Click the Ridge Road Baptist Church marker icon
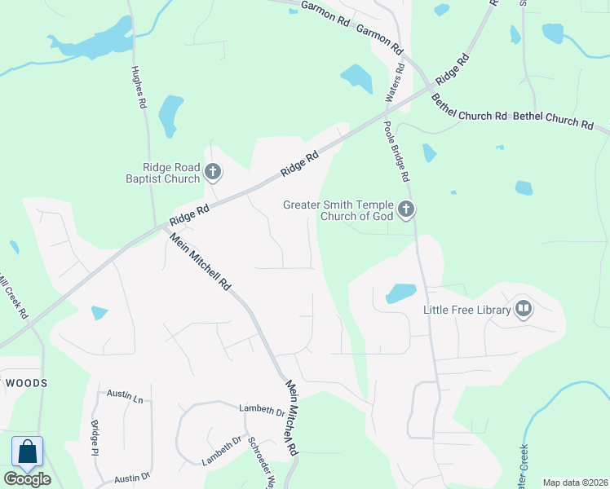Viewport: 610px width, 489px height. tap(213, 172)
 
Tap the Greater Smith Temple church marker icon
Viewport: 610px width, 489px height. tap(405, 210)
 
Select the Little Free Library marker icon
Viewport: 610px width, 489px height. tap(524, 310)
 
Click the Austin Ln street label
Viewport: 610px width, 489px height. tap(125, 397)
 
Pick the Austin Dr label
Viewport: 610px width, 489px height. tap(132, 476)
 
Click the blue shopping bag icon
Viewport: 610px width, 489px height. tap(27, 452)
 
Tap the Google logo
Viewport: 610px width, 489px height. tap(27, 479)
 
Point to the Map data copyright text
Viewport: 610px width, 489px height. tap(575, 482)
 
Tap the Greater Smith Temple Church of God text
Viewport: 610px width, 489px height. tap(338, 210)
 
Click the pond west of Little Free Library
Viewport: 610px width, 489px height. tap(400, 293)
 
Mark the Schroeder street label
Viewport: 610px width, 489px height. tap(259, 459)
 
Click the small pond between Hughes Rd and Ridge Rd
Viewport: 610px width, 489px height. tap(171, 115)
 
